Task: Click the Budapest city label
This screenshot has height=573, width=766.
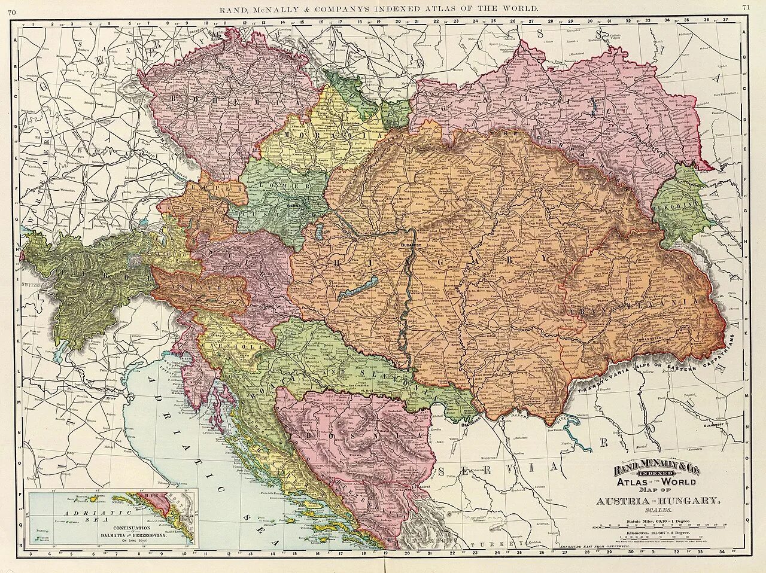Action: (408, 245)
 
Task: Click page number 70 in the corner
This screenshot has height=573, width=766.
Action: (12, 8)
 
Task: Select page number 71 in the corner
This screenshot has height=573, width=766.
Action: (746, 8)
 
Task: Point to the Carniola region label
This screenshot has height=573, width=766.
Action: (239, 346)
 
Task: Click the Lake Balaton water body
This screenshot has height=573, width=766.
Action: (358, 288)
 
